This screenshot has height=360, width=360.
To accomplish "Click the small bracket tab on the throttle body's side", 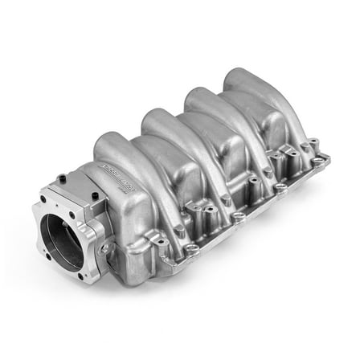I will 105,248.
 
